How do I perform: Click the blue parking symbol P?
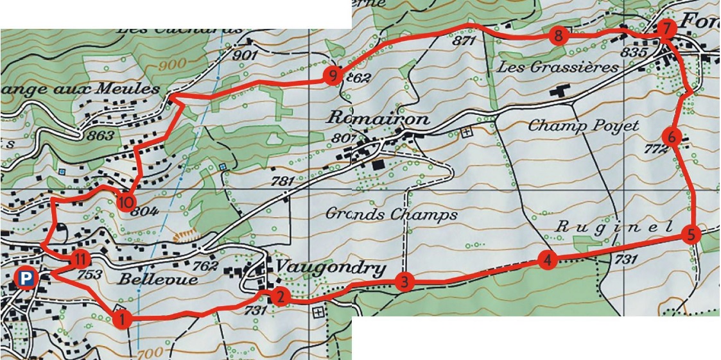click(x=26, y=279)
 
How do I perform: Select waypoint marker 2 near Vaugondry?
click(x=279, y=296)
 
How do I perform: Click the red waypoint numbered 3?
click(x=403, y=282)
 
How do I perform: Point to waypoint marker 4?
click(x=547, y=261)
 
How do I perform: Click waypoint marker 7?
click(x=666, y=29)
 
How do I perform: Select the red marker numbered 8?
click(x=559, y=36)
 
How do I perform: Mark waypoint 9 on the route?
click(x=332, y=76)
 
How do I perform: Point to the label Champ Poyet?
click(x=583, y=126)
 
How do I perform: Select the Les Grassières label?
click(x=557, y=67)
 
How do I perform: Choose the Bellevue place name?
click(x=150, y=280)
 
